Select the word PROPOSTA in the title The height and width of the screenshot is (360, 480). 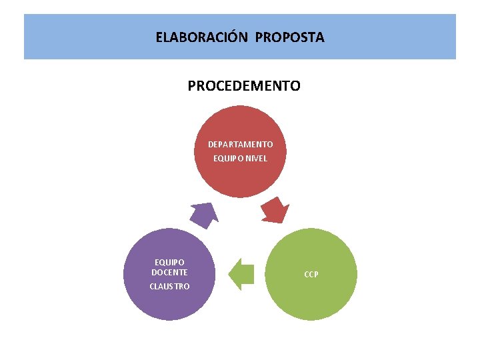point(289,37)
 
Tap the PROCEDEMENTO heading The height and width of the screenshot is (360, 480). point(244,86)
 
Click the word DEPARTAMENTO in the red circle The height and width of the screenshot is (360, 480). point(240,144)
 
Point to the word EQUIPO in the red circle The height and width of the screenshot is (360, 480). point(225,158)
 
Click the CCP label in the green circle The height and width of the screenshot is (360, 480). point(311,274)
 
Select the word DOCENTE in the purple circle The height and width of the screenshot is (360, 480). point(169,272)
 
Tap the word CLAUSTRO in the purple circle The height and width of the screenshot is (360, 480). point(169,286)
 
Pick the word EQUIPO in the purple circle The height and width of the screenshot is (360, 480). point(169,263)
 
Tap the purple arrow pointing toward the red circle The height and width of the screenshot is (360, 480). point(203,214)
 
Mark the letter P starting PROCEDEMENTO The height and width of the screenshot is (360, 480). point(192,86)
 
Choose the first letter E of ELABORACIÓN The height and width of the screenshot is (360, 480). point(159,37)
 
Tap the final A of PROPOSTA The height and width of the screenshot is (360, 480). point(320,37)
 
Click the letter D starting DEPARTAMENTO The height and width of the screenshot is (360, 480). point(211,144)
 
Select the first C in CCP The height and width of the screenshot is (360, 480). point(307,274)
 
